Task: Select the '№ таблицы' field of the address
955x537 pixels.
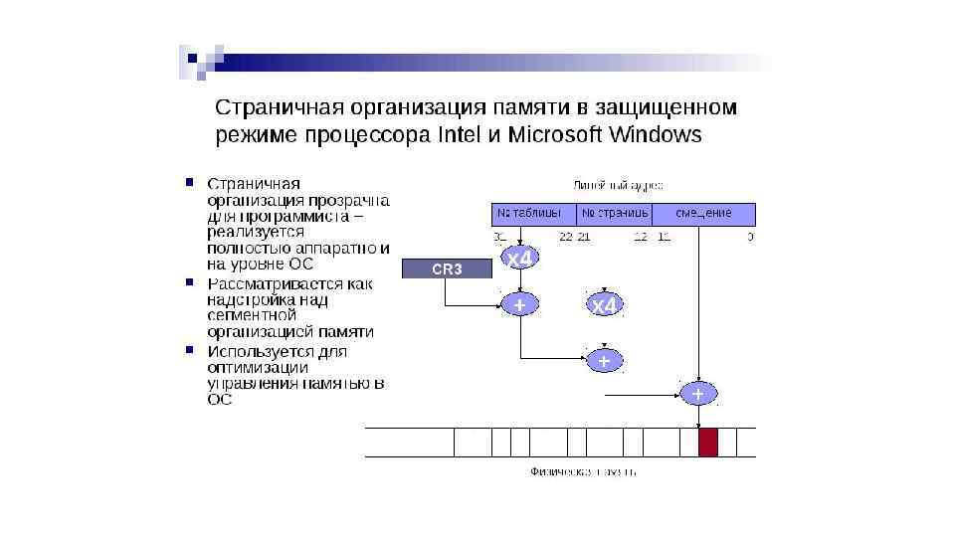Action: pyautogui.click(x=534, y=214)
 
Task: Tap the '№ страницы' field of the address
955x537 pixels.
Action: pyautogui.click(x=615, y=214)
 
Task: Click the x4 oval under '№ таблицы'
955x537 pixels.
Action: pyautogui.click(x=519, y=259)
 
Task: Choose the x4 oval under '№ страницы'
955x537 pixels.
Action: pyautogui.click(x=604, y=306)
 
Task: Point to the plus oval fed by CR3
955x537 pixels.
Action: pyautogui.click(x=519, y=305)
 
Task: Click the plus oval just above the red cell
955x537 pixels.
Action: pyautogui.click(x=697, y=394)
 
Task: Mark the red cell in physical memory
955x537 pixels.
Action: pyautogui.click(x=707, y=442)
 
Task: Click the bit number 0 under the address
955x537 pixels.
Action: pyautogui.click(x=750, y=237)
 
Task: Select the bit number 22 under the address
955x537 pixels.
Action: pyautogui.click(x=565, y=237)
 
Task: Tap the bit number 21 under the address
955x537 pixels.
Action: pyautogui.click(x=584, y=237)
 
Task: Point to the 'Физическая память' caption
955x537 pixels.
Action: pyautogui.click(x=582, y=471)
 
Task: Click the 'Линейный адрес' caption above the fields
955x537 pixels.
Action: pyautogui.click(x=618, y=185)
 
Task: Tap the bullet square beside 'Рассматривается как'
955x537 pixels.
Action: pyautogui.click(x=188, y=283)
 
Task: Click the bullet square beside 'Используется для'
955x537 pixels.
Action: pyautogui.click(x=188, y=350)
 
